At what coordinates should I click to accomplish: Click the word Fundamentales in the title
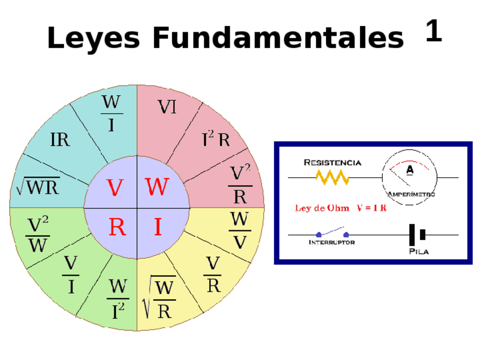pos(278,38)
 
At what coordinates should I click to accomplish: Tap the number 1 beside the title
pos(433,31)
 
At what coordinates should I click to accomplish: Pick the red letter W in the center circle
pos(157,187)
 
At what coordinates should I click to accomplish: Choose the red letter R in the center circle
pos(117,228)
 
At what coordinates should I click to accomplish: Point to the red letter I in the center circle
pos(158,228)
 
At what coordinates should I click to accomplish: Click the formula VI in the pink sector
pos(167,107)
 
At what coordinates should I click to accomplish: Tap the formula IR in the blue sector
pos(60,140)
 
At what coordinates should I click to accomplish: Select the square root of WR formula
pos(37,186)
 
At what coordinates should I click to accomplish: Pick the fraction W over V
pos(240,230)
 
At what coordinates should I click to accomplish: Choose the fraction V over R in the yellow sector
pos(213,275)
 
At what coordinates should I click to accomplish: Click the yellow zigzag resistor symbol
pos(333,178)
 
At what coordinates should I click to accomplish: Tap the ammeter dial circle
pos(409,177)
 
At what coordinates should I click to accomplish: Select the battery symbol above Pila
pos(417,234)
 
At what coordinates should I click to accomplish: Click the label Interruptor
pos(332,242)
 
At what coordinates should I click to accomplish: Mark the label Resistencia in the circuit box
pos(332,162)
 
